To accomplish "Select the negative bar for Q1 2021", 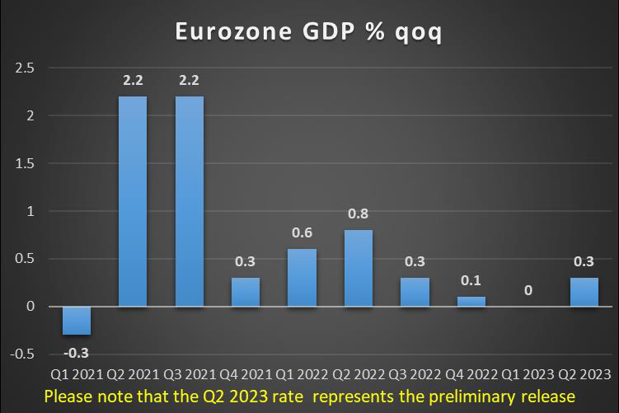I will click(77, 321).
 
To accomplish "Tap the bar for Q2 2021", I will click(133, 201).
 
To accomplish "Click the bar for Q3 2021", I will click(189, 201).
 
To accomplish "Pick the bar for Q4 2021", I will click(245, 292).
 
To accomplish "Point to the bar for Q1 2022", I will click(302, 278).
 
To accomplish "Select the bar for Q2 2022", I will click(358, 268).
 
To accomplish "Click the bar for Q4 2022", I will click(471, 302).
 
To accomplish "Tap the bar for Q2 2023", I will click(584, 292).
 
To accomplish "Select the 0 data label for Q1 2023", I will click(528, 290).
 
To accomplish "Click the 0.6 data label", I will click(302, 234).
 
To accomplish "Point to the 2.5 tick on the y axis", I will click(24, 68).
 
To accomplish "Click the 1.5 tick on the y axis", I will click(24, 163).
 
